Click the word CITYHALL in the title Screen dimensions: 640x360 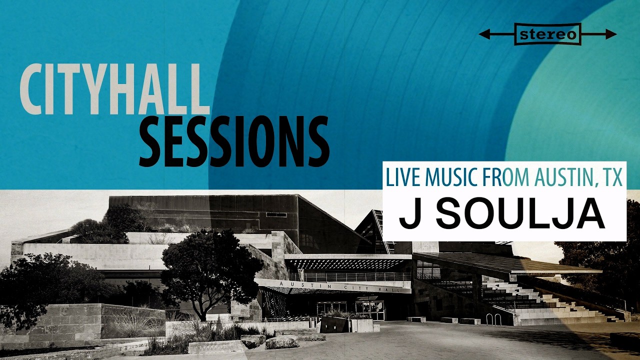pos(115,89)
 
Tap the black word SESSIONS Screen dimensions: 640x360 pos(234,141)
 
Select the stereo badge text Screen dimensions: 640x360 pos(547,35)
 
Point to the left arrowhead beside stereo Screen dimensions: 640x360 pos(484,34)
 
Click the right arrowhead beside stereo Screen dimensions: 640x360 pos(611,34)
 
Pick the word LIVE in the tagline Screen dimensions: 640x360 pos(403,177)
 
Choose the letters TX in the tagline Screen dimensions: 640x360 pos(611,177)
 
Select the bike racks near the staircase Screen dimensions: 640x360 pos(493,319)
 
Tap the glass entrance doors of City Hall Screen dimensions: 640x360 pos(370,311)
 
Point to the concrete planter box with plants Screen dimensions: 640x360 pos(361,324)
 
